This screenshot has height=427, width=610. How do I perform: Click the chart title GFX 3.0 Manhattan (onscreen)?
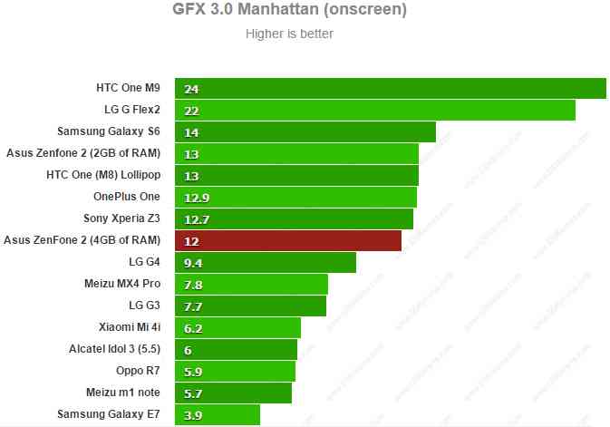[289, 11]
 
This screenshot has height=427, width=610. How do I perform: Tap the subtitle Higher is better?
[289, 34]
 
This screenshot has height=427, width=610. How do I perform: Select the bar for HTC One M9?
[391, 89]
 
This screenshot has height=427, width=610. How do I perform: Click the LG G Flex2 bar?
[375, 111]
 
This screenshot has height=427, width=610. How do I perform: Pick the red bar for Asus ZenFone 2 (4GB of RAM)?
[288, 240]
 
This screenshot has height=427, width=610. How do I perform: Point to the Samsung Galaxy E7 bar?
[218, 414]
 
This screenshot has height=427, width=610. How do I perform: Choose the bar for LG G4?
[266, 263]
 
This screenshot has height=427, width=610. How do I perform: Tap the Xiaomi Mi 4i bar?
[237, 327]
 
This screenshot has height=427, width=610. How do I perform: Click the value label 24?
[190, 89]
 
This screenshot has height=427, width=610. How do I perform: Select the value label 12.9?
[196, 198]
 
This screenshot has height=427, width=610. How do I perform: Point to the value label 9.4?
[192, 263]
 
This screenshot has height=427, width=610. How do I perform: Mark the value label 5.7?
[192, 393]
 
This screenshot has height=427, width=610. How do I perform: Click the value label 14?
[190, 132]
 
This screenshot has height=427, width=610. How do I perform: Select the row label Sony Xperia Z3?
[121, 218]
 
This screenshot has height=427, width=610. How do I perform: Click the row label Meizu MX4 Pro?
[122, 284]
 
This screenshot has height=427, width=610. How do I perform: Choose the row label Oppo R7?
[137, 371]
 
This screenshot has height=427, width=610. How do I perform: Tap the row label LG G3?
[144, 306]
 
